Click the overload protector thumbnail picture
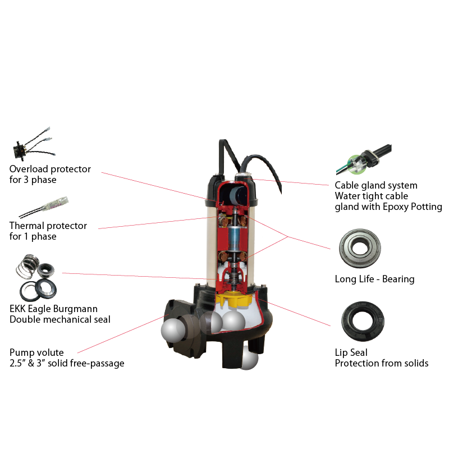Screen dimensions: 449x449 point(30,148)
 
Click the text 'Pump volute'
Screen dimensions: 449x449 point(36,352)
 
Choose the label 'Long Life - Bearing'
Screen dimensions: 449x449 point(374,280)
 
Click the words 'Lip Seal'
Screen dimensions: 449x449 point(351,352)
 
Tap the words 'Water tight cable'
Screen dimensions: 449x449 point(371,196)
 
